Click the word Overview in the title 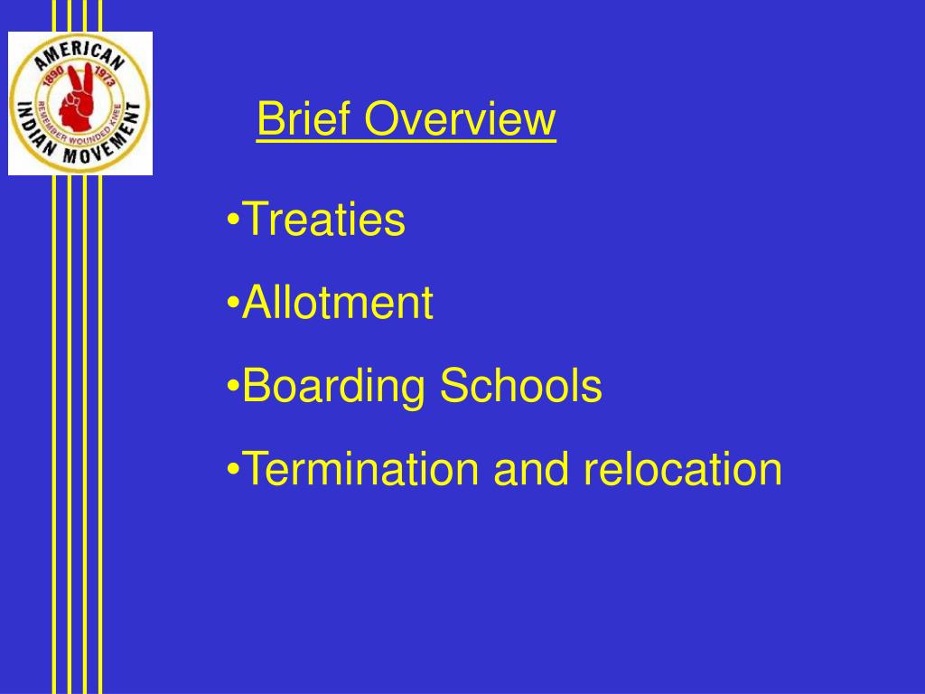click(461, 118)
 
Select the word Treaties click(324, 219)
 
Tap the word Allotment click(338, 302)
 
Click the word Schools click(521, 385)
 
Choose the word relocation click(683, 469)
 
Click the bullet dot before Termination click(233, 470)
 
